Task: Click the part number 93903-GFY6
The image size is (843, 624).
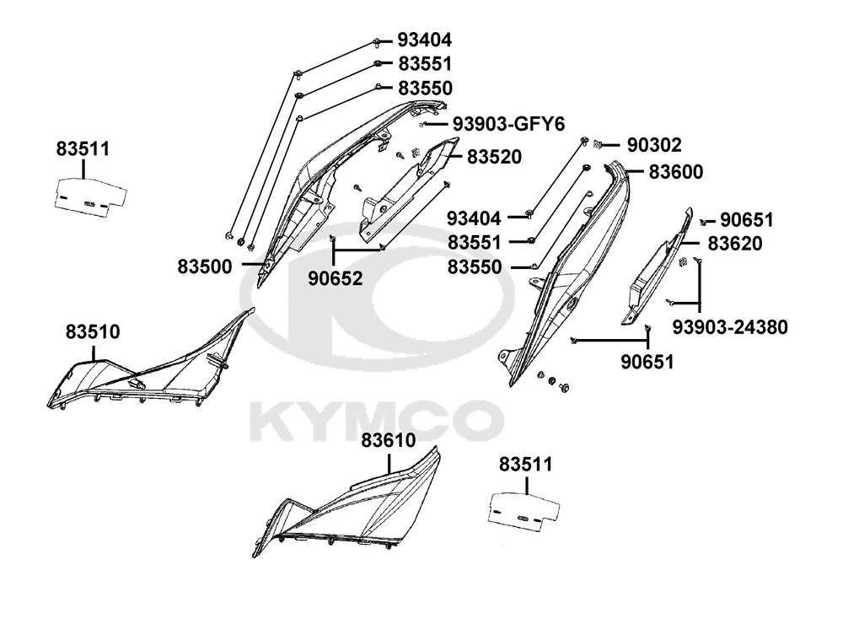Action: click(507, 124)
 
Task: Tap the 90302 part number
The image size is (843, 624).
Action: click(653, 144)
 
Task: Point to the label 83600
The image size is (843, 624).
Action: click(675, 171)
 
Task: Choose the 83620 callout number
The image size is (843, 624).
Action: click(734, 244)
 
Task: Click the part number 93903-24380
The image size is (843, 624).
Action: click(730, 325)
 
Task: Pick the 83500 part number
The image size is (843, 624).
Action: click(204, 266)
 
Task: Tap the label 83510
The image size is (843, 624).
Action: click(93, 332)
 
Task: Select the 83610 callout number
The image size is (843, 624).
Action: click(389, 439)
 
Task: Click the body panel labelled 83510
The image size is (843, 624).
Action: click(143, 371)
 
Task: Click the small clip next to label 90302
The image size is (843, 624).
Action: click(598, 143)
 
